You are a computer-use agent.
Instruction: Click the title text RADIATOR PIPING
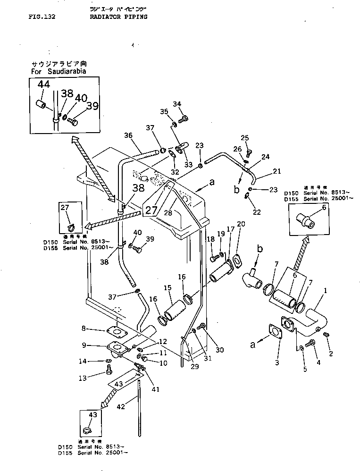coord(118,17)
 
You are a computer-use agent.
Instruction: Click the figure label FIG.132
coord(42,17)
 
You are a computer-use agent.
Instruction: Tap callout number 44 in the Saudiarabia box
coord(43,84)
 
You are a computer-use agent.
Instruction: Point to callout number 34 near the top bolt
coord(177,104)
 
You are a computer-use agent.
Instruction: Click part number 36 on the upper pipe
coord(128,135)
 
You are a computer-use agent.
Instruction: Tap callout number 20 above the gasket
coord(241,224)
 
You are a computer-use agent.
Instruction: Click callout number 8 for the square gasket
coord(83,328)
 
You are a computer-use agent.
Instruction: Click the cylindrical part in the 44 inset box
coord(42,103)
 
